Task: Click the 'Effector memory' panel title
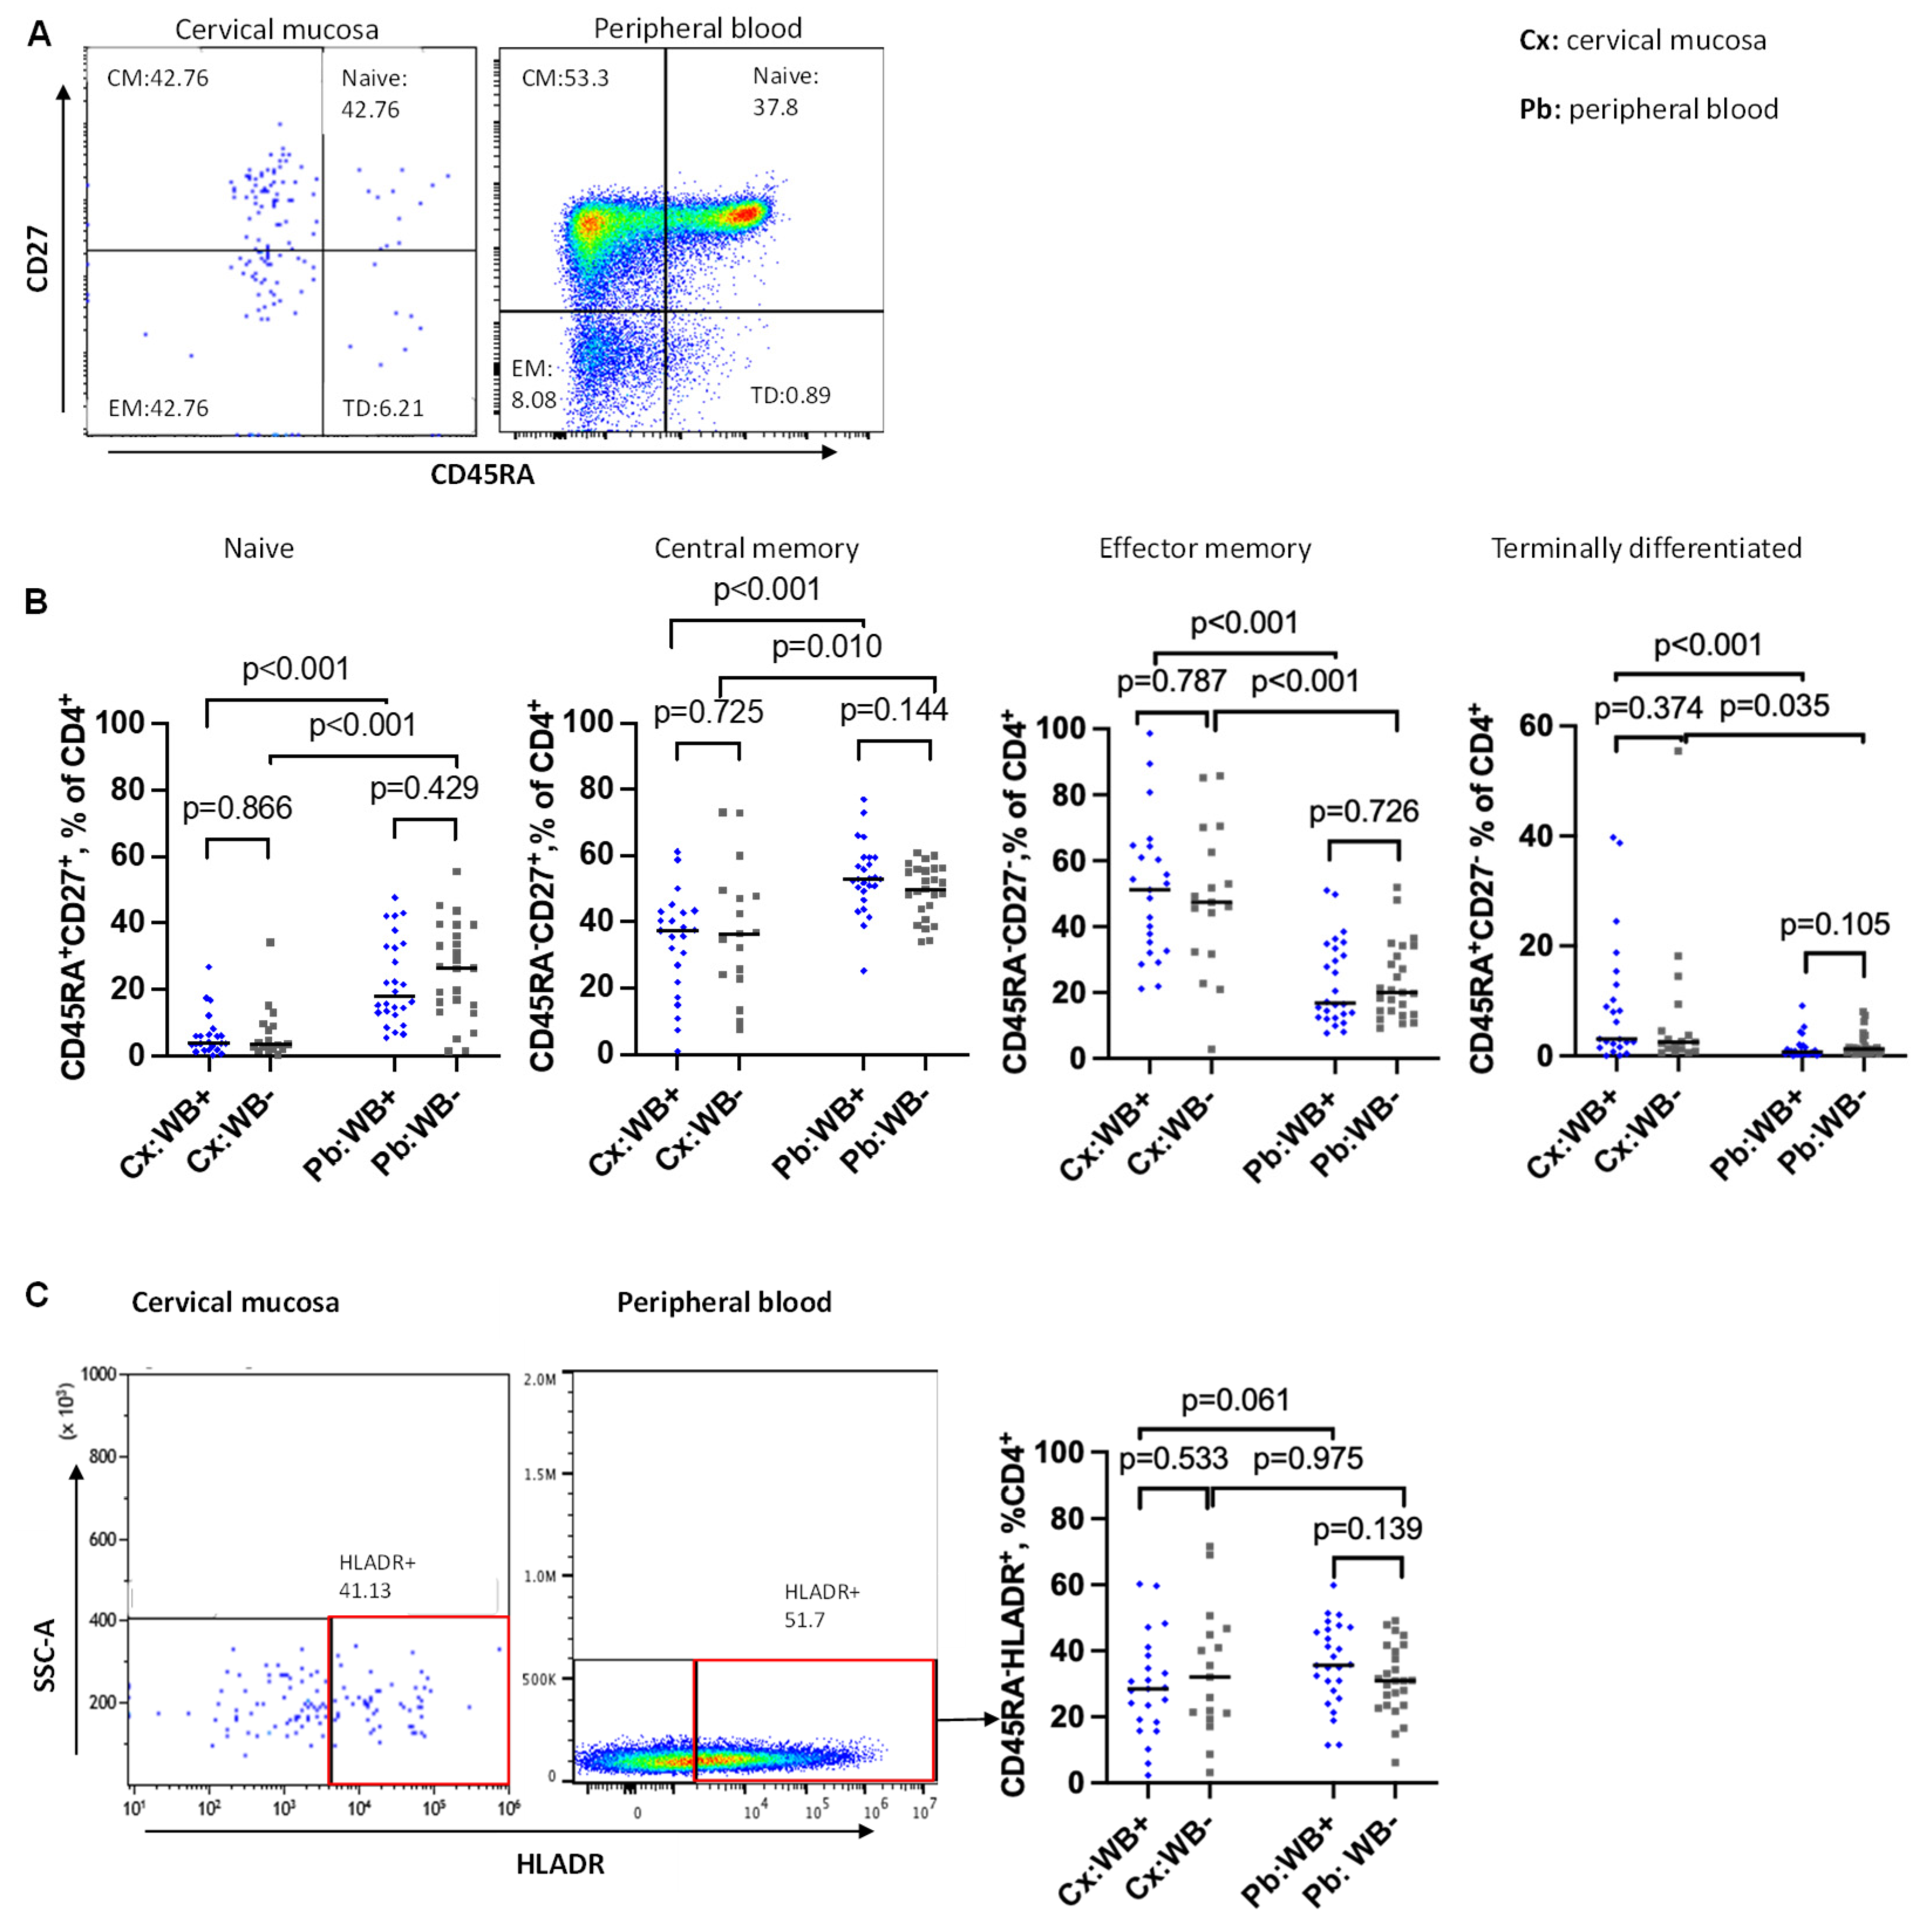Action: pos(1205,548)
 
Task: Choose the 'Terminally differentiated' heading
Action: pos(1646,548)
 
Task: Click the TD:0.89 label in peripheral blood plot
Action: pos(790,395)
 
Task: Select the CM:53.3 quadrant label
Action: pos(565,78)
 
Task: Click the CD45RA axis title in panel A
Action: pos(482,475)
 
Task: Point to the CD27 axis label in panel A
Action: pos(38,257)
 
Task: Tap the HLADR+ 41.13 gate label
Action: pos(376,1576)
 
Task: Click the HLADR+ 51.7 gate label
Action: pos(821,1606)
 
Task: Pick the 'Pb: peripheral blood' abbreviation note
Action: pos(1649,109)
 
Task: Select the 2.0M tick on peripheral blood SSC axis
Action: pos(539,1379)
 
